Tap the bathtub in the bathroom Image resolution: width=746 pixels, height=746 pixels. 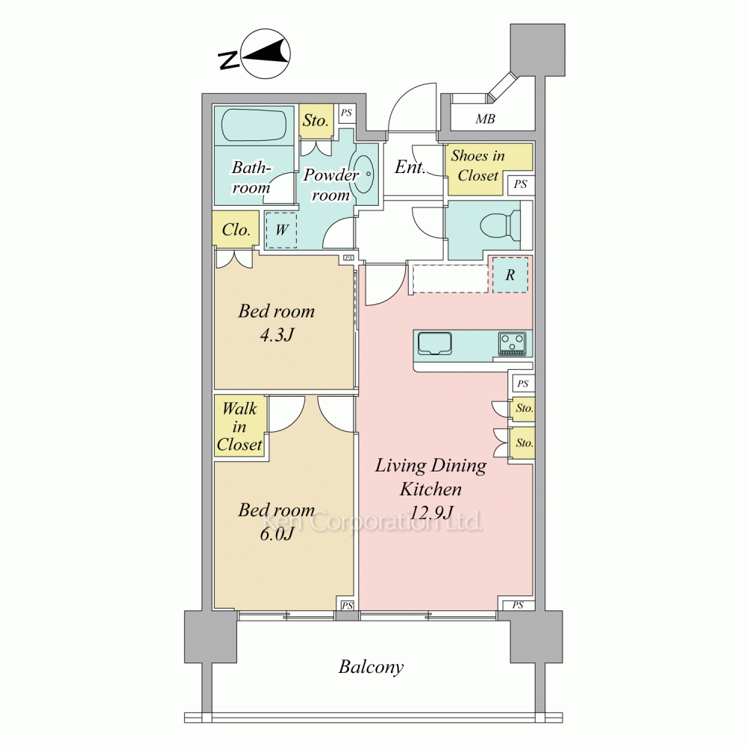point(255,125)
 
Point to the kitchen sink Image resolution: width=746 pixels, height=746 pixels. point(435,343)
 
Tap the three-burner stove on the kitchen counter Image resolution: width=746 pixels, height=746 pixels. point(513,344)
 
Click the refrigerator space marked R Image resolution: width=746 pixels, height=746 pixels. point(510,275)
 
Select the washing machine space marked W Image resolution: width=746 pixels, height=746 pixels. point(281,231)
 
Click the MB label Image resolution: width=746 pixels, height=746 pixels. point(486,119)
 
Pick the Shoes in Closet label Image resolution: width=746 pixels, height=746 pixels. point(477,166)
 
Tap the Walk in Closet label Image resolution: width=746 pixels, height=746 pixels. point(239,426)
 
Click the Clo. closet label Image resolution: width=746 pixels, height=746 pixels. point(236,230)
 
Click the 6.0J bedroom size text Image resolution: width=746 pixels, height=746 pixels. point(277,534)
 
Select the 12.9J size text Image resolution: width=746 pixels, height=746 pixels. point(431,513)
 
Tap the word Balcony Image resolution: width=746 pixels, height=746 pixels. point(371,667)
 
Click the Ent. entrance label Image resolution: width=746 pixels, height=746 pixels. point(410,167)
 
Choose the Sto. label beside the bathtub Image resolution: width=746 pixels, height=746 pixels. point(316,120)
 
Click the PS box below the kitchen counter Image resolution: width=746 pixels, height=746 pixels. point(522,383)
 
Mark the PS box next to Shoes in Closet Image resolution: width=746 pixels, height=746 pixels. point(520,184)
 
